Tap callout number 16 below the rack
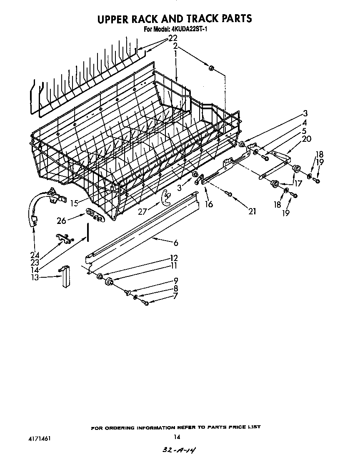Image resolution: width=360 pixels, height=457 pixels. pyautogui.click(x=209, y=204)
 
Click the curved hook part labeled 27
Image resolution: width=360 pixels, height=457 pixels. pyautogui.click(x=165, y=198)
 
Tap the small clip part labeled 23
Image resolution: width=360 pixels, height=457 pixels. pyautogui.click(x=62, y=238)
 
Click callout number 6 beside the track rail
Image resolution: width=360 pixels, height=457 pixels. pyautogui.click(x=176, y=243)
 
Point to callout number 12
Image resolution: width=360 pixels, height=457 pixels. pyautogui.click(x=174, y=258)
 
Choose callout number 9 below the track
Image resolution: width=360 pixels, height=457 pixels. pyautogui.click(x=176, y=280)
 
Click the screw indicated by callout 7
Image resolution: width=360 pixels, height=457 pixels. pyautogui.click(x=145, y=302)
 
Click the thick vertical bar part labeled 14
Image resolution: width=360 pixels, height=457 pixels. pyautogui.click(x=88, y=232)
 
